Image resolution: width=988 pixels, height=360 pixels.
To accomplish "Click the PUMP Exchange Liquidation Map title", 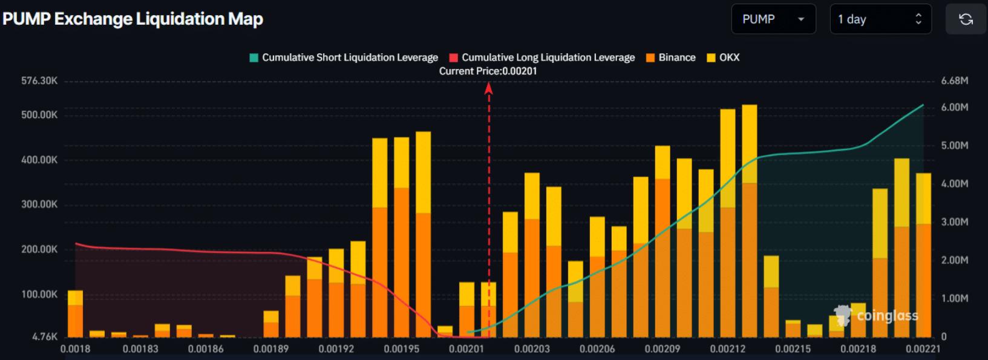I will click(x=132, y=19).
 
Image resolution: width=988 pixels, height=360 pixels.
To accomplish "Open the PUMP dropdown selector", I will click(x=773, y=19).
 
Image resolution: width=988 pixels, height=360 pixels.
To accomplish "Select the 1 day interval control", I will click(x=880, y=19).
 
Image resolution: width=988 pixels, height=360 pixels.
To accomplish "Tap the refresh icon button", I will click(x=966, y=19).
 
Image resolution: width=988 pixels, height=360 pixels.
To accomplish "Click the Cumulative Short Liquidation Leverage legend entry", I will click(x=344, y=57).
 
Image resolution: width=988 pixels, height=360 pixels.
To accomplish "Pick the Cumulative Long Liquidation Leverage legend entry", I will click(x=542, y=57).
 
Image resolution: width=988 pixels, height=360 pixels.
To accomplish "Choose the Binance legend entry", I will click(x=671, y=57).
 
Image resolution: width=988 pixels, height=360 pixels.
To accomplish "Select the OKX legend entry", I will click(x=724, y=57).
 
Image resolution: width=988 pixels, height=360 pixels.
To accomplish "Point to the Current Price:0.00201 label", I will click(x=488, y=71).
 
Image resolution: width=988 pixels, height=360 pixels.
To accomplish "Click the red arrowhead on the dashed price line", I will click(x=489, y=89).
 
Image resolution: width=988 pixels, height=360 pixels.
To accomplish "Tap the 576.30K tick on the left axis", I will click(x=39, y=80).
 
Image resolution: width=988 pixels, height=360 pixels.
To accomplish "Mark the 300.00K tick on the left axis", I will click(x=39, y=205).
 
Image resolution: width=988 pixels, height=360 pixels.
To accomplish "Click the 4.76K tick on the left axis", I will click(x=45, y=336).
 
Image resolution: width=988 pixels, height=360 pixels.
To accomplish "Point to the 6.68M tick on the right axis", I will click(x=955, y=80).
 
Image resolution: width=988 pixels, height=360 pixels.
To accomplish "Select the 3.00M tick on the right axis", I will click(x=955, y=222).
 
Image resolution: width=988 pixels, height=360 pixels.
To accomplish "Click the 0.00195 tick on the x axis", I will click(x=402, y=349).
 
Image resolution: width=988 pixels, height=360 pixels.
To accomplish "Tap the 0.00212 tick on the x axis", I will click(x=727, y=349).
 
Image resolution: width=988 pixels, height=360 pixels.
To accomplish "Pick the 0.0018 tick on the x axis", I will click(x=76, y=349).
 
